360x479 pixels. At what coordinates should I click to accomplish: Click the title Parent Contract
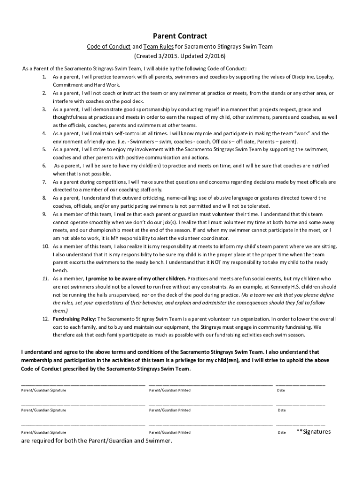(x=180, y=36)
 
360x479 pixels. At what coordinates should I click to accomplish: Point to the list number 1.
(x=44, y=77)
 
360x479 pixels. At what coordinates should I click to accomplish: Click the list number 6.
(x=44, y=166)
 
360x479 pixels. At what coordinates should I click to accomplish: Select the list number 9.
(x=44, y=214)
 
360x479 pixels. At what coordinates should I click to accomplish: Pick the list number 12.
(x=45, y=319)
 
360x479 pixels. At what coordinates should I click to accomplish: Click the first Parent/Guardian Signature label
(x=43, y=390)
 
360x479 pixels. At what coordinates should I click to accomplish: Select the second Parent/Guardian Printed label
(x=169, y=410)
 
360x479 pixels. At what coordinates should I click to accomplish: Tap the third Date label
(x=281, y=433)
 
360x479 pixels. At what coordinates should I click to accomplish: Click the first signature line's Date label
(x=281, y=390)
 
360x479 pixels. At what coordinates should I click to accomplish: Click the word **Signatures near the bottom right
(x=313, y=431)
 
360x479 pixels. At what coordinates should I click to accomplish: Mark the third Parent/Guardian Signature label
(x=43, y=433)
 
